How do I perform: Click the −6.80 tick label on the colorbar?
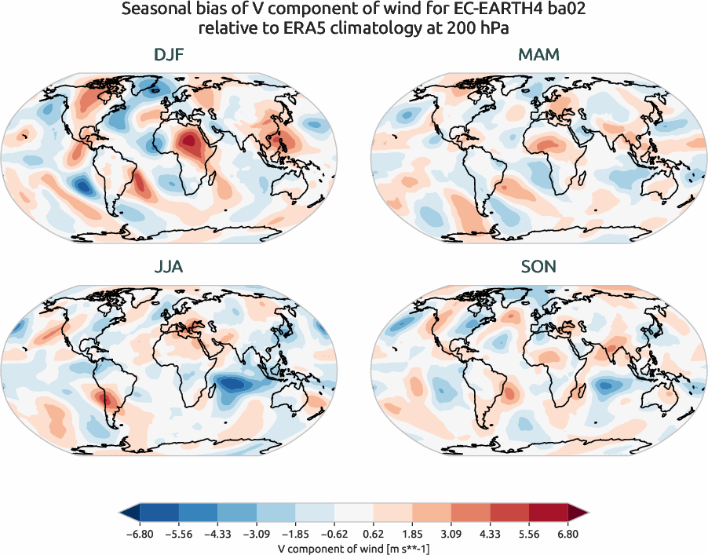(x=140, y=535)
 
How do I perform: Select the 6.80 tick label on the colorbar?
(x=567, y=535)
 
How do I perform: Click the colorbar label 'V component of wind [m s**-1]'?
(x=354, y=549)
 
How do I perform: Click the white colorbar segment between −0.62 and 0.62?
(x=354, y=513)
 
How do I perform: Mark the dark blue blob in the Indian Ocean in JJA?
(x=235, y=385)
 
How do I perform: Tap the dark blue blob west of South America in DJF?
(x=82, y=186)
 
